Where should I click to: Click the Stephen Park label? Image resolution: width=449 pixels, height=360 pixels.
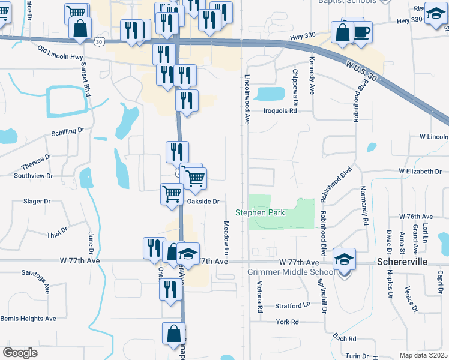click(x=259, y=212)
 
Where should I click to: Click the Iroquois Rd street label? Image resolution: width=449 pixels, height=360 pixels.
click(x=280, y=110)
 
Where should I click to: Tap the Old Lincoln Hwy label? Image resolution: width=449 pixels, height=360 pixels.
click(x=60, y=56)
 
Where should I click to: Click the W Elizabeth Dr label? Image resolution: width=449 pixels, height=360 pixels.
click(x=420, y=171)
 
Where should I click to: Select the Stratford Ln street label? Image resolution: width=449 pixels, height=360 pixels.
click(x=293, y=305)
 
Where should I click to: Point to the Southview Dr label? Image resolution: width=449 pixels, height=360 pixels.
click(x=34, y=176)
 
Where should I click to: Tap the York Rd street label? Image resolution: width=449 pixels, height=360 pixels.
click(x=287, y=322)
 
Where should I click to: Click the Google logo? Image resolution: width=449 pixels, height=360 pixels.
click(x=20, y=352)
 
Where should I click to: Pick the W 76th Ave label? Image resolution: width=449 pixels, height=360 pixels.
click(x=415, y=216)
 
